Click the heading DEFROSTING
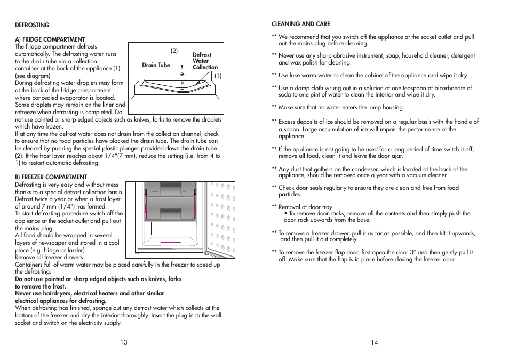click(x=32, y=25)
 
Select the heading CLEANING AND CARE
click(x=301, y=24)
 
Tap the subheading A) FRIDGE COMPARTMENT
click(x=50, y=39)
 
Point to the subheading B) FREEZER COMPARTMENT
click(x=51, y=177)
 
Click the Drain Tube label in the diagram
click(x=156, y=65)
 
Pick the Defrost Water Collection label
click(x=205, y=61)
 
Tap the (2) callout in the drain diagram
click(x=174, y=51)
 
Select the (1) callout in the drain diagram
click(x=218, y=76)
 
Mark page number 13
click(x=124, y=342)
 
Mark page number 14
click(x=375, y=342)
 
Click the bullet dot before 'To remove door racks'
click(x=286, y=214)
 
